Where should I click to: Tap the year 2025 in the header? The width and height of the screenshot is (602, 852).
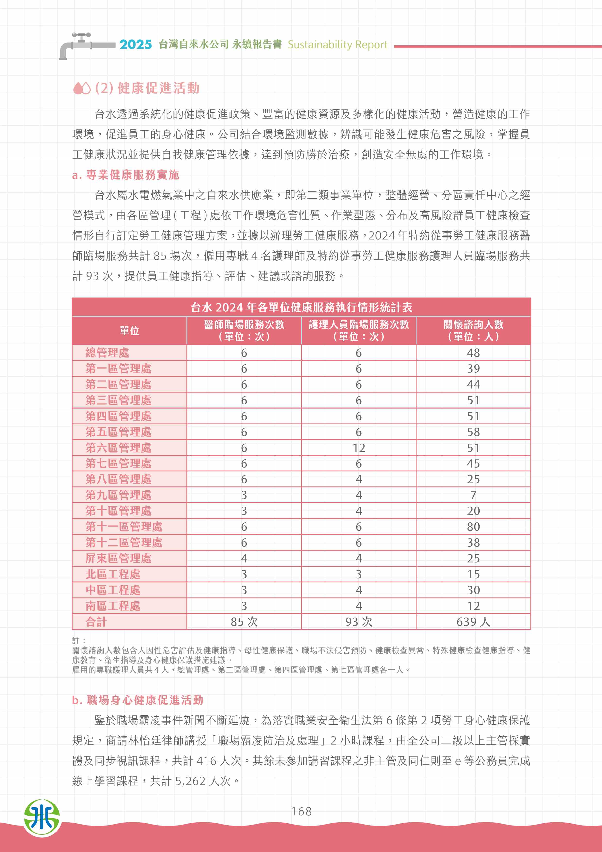point(136,44)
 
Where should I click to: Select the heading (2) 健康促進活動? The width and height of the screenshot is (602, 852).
point(147,88)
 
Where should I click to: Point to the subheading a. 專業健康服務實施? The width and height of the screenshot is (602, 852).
point(126,175)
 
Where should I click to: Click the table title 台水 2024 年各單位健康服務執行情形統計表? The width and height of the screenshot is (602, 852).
point(301,307)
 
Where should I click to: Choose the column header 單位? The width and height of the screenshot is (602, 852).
point(129,330)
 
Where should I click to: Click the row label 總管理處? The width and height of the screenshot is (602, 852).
point(107,352)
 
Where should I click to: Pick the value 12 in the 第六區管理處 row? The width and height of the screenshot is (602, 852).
point(359,448)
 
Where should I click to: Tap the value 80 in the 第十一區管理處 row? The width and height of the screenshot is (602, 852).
point(473,527)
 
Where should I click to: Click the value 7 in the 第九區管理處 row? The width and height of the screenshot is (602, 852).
point(473,495)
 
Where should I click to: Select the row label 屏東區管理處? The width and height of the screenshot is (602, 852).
point(118,558)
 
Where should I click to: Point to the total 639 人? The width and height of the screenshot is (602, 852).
point(473,622)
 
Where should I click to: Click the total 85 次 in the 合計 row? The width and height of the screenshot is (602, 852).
point(244,622)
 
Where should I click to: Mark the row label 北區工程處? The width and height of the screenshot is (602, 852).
point(113,574)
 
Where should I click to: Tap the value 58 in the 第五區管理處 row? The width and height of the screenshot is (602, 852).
point(473,432)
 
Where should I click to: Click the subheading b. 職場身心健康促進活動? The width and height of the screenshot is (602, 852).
point(138,700)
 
